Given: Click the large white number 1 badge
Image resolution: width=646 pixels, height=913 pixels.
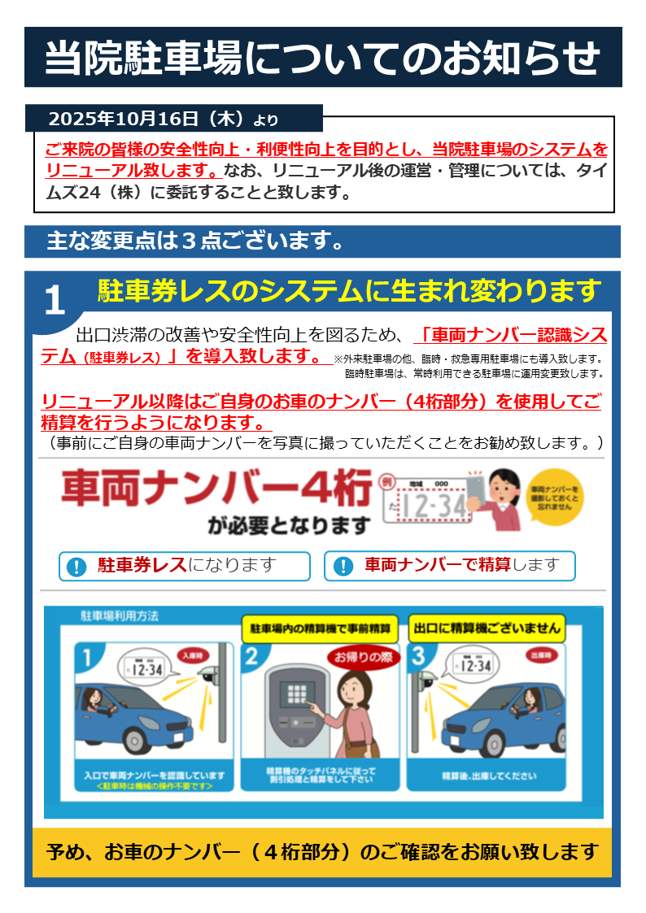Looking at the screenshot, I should (54, 301).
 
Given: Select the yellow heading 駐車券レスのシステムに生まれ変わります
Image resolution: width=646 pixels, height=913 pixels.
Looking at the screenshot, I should (349, 290).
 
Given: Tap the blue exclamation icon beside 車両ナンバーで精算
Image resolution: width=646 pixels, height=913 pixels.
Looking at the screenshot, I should (343, 567).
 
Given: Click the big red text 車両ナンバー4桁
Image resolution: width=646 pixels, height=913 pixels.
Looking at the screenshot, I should (216, 489).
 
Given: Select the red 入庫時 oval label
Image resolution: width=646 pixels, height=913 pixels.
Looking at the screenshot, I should (191, 654).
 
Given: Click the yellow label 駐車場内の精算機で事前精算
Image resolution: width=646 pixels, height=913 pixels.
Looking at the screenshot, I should (319, 628).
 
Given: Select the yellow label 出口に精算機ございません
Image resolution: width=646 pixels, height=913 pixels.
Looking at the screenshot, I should (487, 628).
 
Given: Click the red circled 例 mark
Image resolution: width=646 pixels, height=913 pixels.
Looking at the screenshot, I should (386, 482).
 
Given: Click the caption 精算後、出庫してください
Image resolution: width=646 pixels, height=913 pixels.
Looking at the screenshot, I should (489, 776).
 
